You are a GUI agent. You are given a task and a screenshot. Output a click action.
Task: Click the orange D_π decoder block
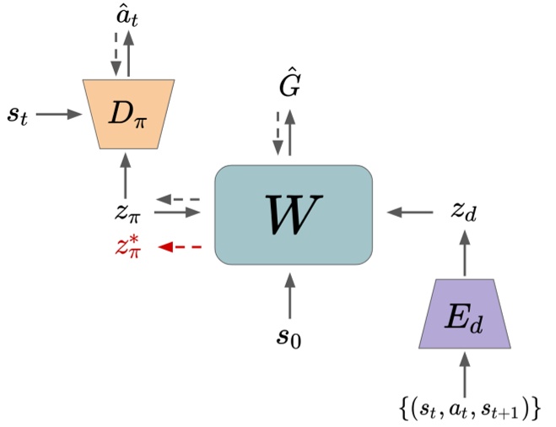tap(128, 113)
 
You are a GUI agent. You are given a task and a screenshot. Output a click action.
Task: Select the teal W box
tap(294, 215)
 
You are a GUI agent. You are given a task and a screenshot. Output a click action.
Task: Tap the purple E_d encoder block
tap(464, 314)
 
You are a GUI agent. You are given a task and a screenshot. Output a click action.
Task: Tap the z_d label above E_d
tap(463, 213)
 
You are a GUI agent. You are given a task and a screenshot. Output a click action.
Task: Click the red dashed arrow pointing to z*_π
tap(181, 247)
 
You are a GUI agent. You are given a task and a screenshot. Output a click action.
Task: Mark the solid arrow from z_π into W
tap(181, 213)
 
